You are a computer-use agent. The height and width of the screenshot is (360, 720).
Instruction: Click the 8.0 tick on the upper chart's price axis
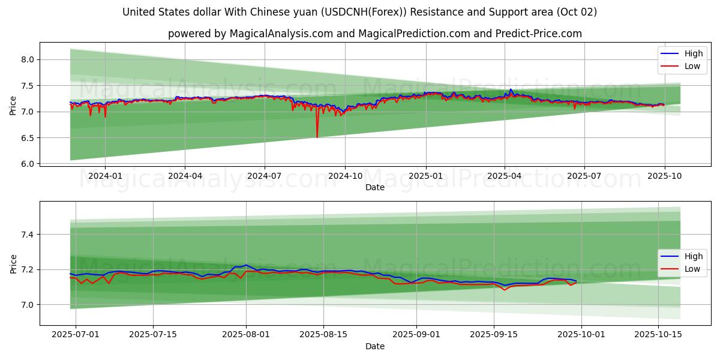click(x=28, y=59)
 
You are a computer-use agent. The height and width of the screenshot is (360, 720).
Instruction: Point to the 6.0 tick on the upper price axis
click(x=28, y=164)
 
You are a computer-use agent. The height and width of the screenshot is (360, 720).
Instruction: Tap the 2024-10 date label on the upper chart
click(x=345, y=176)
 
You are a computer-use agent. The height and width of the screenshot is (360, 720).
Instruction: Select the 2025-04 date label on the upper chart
click(x=505, y=176)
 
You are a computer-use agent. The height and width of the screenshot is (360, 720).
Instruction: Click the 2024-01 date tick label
click(x=105, y=176)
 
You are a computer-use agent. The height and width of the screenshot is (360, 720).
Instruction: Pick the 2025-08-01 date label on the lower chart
click(x=246, y=335)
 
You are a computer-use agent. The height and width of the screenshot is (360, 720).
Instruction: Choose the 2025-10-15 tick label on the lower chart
click(x=658, y=335)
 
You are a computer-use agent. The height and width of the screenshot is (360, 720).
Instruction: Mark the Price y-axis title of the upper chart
click(x=13, y=105)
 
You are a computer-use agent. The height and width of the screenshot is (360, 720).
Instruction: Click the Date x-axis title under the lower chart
click(x=375, y=346)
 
